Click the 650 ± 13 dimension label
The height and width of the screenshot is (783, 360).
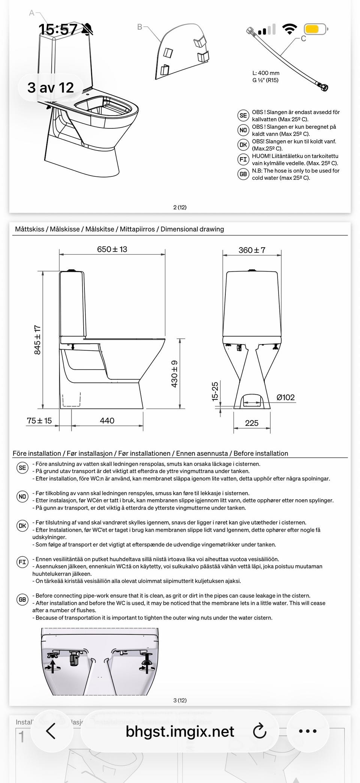(112, 249)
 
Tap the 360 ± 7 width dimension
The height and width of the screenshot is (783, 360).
(252, 250)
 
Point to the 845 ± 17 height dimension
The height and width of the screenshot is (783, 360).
(37, 340)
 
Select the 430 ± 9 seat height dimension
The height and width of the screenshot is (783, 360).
(174, 374)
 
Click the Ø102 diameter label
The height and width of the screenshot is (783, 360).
(285, 397)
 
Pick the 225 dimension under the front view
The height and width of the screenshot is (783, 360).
(252, 423)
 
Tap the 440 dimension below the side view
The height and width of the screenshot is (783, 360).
(107, 421)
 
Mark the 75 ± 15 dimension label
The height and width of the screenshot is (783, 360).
(39, 421)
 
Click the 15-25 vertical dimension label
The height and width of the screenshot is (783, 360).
(215, 391)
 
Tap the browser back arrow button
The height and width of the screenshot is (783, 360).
(51, 731)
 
